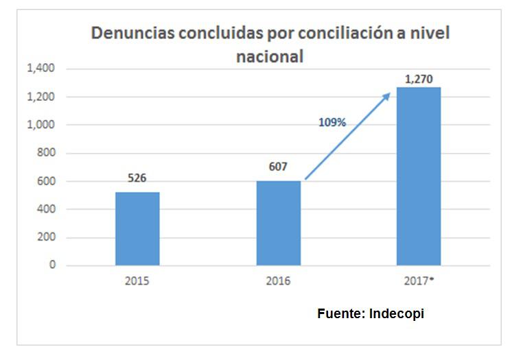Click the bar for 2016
pyautogui.click(x=278, y=223)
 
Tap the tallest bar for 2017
pyautogui.click(x=418, y=176)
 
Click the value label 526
pyautogui.click(x=137, y=179)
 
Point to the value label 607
pyautogui.click(x=278, y=167)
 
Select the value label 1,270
pyautogui.click(x=418, y=80)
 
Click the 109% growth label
pyautogui.click(x=332, y=123)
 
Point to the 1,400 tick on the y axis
pyautogui.click(x=40, y=69)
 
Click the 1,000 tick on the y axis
pyautogui.click(x=40, y=125)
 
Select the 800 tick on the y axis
pyautogui.click(x=45, y=154)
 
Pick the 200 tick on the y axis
pyautogui.click(x=45, y=238)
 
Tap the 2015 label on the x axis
pyautogui.click(x=137, y=281)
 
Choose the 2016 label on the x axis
pyautogui.click(x=278, y=281)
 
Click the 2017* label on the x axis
pyautogui.click(x=419, y=281)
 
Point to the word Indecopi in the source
pyautogui.click(x=397, y=313)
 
